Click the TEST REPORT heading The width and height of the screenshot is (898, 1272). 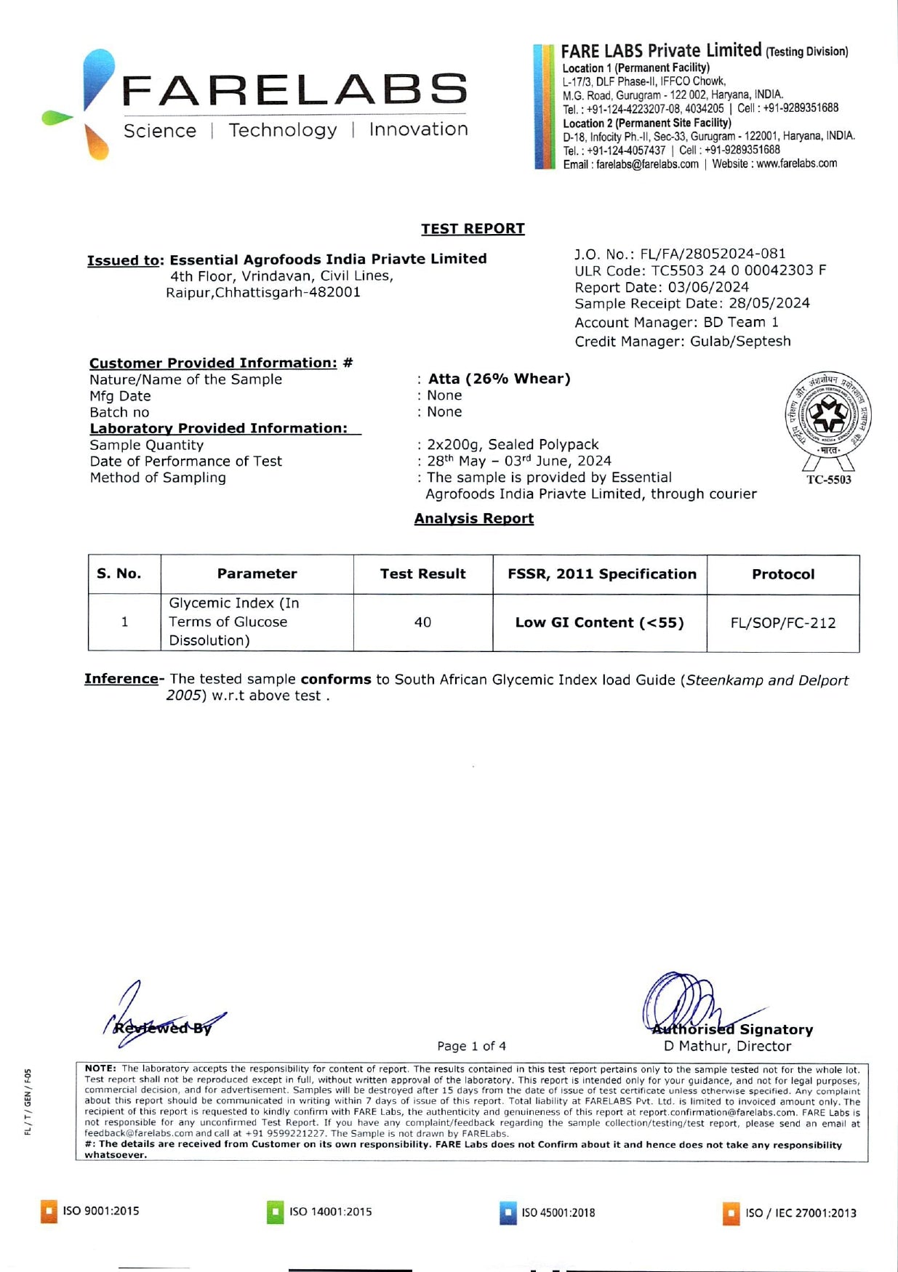(x=473, y=229)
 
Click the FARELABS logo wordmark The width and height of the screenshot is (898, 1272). (x=294, y=90)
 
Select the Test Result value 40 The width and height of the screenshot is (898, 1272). (x=422, y=622)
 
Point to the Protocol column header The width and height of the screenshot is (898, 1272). (x=782, y=574)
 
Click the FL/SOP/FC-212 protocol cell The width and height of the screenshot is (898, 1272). (x=782, y=623)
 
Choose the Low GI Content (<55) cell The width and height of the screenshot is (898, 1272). (x=599, y=623)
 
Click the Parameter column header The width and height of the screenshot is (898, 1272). (x=257, y=574)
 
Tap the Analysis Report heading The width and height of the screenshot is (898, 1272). (x=473, y=518)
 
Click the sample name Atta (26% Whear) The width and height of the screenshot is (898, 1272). (x=499, y=379)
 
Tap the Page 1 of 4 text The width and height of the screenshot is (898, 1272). (x=471, y=1046)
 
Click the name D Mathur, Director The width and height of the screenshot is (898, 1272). (x=727, y=1046)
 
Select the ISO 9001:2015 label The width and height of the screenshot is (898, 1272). (x=100, y=1211)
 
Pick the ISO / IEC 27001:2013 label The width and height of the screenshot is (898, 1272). (x=800, y=1213)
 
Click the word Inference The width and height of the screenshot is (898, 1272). (x=121, y=679)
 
